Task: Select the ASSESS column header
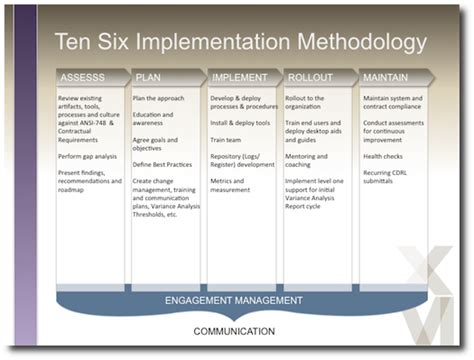click(x=87, y=76)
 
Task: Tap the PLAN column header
click(x=151, y=76)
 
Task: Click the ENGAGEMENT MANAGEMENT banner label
click(x=233, y=299)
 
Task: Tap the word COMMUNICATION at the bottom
click(x=235, y=331)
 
